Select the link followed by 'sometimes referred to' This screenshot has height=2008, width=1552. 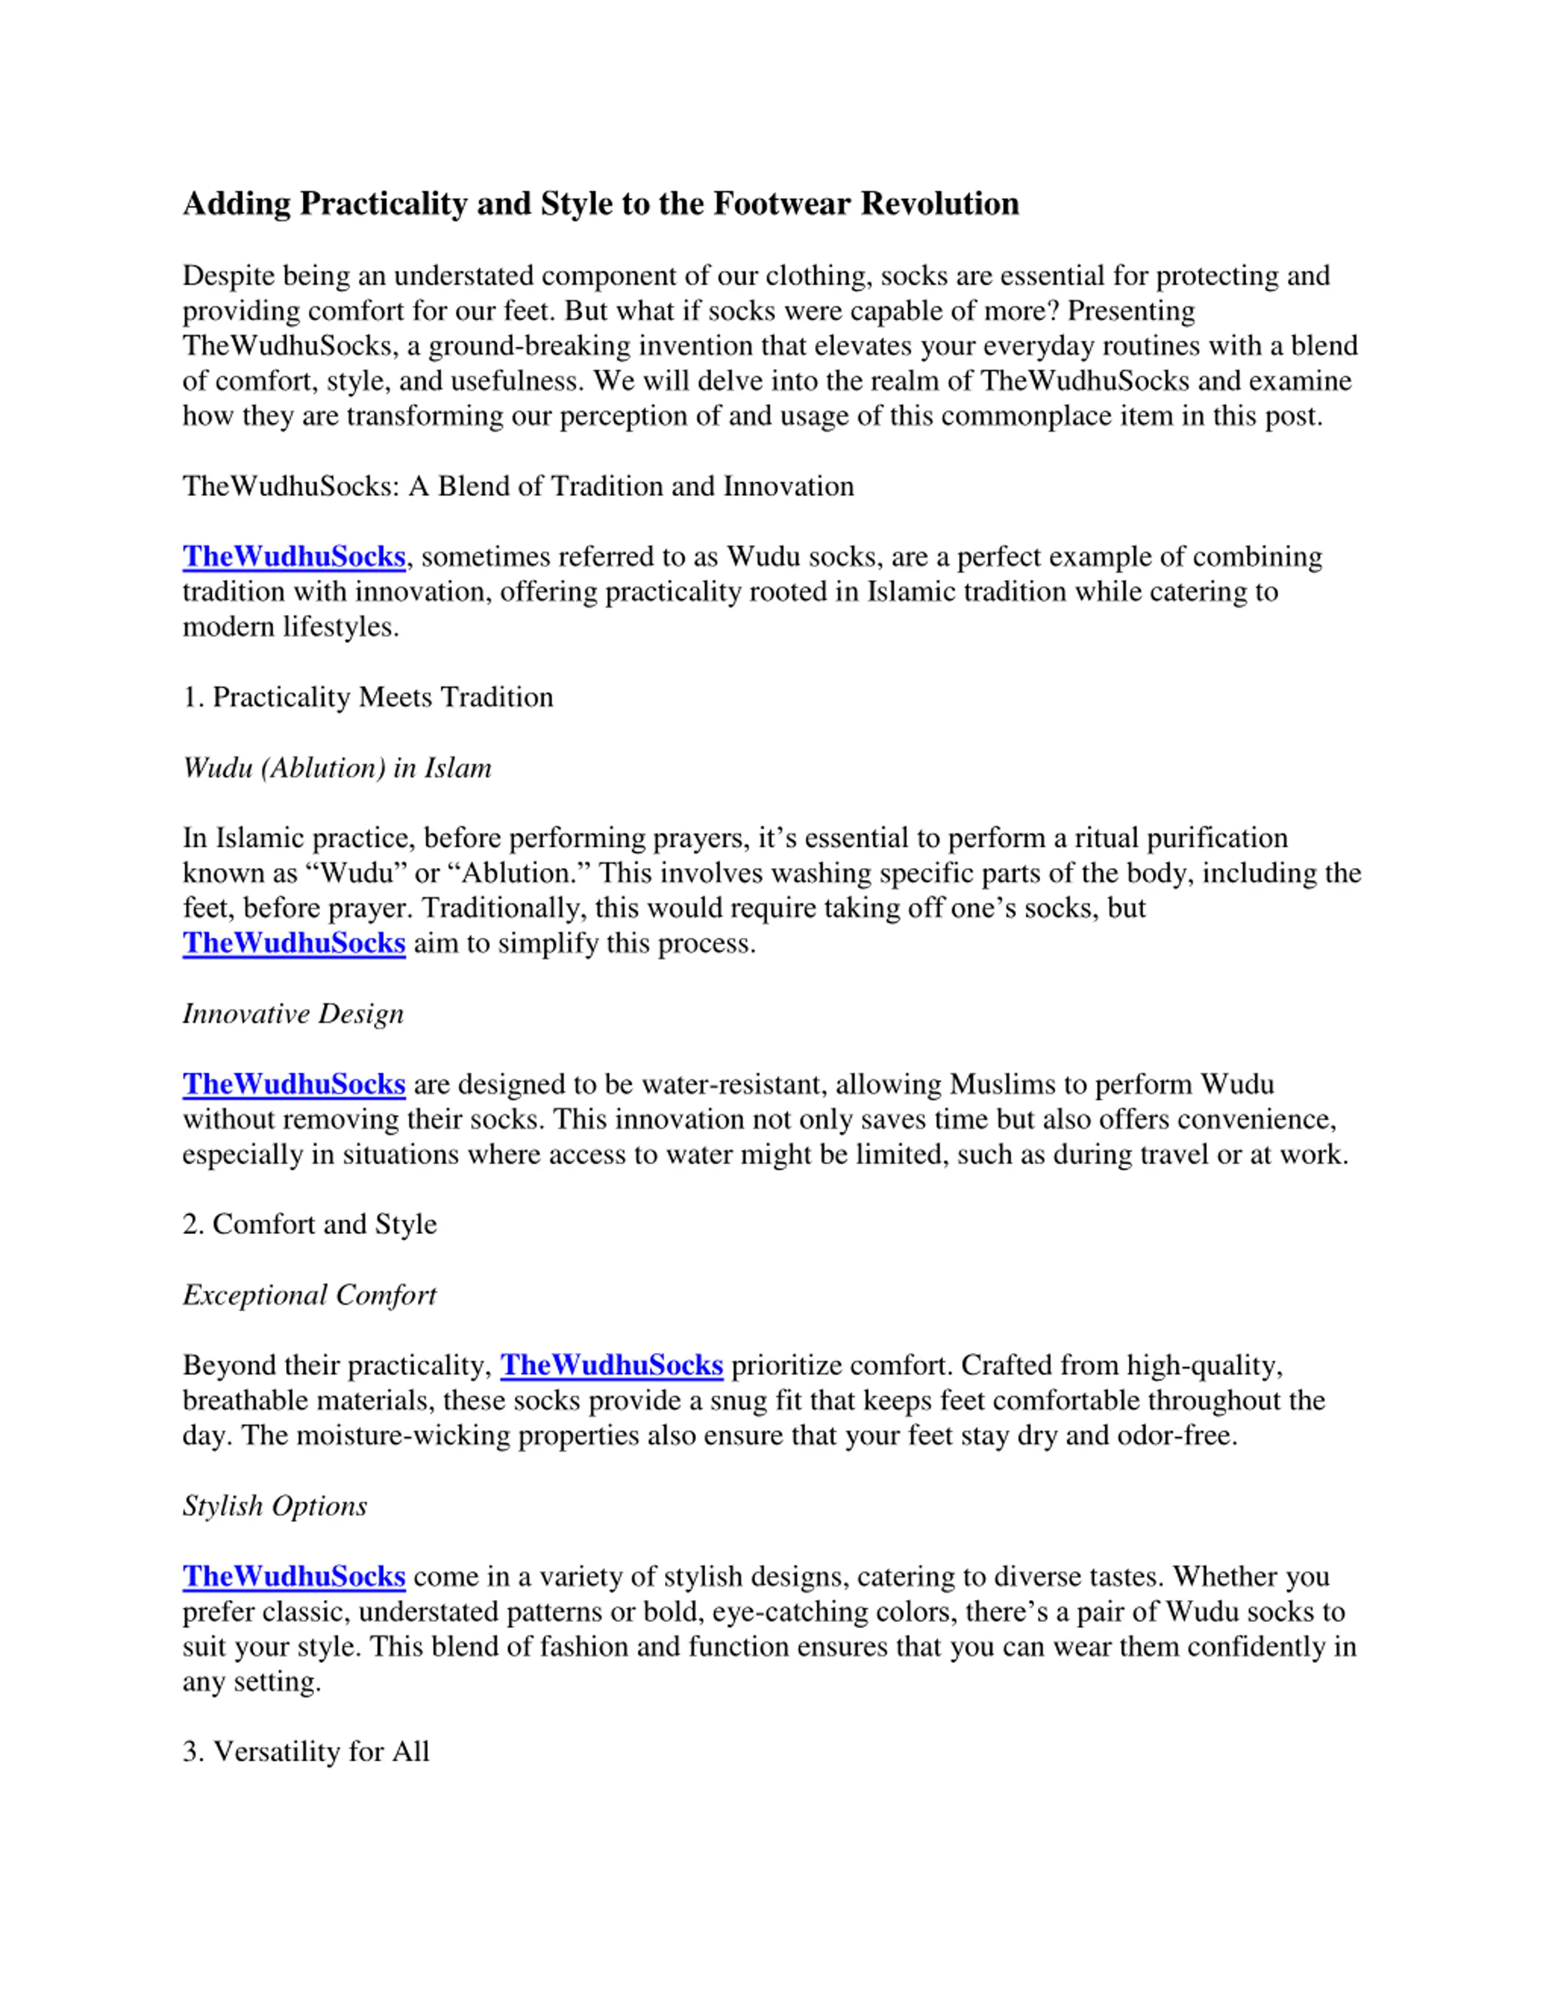[293, 556]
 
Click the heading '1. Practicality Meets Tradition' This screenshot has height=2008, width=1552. [368, 697]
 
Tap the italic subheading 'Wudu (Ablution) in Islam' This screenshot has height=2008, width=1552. [336, 768]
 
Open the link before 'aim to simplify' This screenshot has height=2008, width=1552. [293, 943]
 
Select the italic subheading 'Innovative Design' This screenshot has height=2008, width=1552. [292, 1013]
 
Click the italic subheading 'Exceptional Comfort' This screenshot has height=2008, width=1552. [309, 1295]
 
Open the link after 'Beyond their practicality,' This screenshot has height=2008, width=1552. [612, 1366]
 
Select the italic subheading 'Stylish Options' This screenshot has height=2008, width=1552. [274, 1506]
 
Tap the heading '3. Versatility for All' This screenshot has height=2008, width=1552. [306, 1752]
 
